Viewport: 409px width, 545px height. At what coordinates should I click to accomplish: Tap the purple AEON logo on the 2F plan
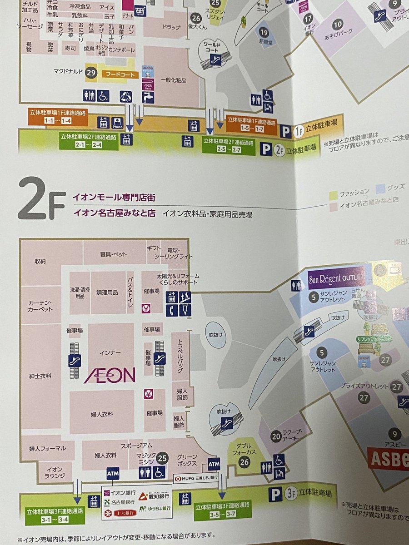click(x=110, y=375)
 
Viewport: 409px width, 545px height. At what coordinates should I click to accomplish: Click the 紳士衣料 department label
click(x=40, y=376)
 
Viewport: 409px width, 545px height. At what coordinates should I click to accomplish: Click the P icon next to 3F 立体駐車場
click(x=275, y=494)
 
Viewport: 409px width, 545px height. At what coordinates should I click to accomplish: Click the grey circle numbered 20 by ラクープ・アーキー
click(x=276, y=436)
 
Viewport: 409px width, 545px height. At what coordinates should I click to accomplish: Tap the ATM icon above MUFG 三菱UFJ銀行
click(x=214, y=464)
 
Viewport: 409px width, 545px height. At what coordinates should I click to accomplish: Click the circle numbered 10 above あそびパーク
click(x=337, y=25)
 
